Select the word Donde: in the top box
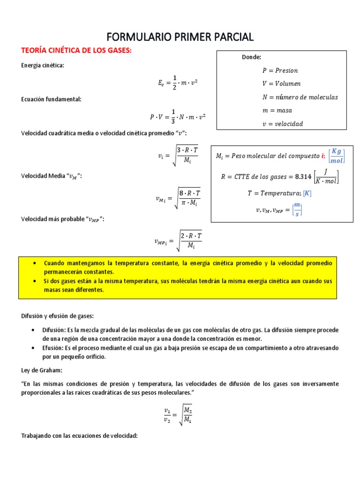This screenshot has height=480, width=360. pyautogui.click(x=251, y=57)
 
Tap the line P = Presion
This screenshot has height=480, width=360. pyautogui.click(x=280, y=70)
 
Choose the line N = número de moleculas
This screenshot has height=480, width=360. pyautogui.click(x=300, y=97)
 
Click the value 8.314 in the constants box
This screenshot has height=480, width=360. pyautogui.click(x=305, y=177)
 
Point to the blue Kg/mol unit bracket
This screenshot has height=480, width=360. pyautogui.click(x=337, y=155)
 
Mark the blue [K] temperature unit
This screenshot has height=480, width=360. pyautogui.click(x=307, y=193)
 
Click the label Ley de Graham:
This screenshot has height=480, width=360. pyautogui.click(x=41, y=370)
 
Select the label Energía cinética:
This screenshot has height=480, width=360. pyautogui.click(x=42, y=65)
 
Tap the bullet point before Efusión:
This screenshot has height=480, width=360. pyautogui.click(x=32, y=348)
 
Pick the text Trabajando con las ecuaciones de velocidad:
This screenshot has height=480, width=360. pyautogui.click(x=79, y=436)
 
